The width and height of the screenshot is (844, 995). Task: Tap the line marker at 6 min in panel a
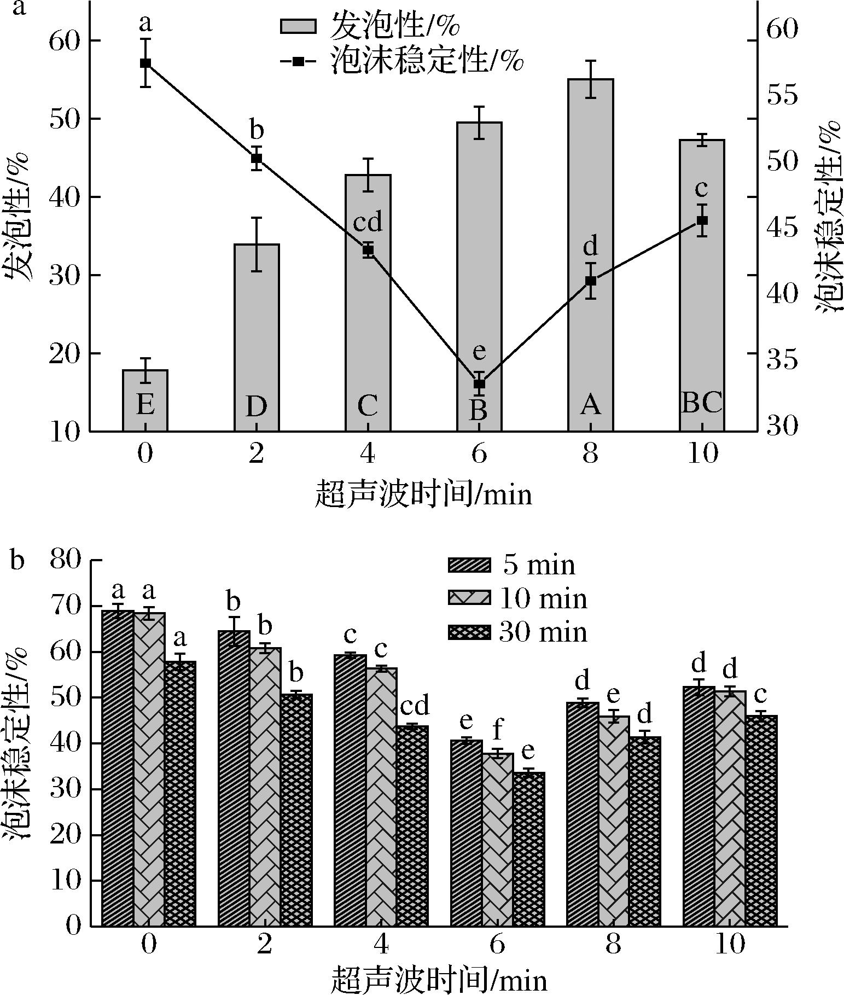click(479, 383)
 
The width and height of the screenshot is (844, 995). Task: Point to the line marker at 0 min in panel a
click(145, 63)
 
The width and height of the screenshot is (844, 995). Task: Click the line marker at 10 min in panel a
click(702, 220)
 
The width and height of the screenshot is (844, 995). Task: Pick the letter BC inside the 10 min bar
click(702, 403)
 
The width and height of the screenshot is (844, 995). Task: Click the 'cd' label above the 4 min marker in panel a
click(368, 223)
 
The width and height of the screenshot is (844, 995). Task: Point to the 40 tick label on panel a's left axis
click(65, 197)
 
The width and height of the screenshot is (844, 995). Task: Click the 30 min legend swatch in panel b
click(469, 632)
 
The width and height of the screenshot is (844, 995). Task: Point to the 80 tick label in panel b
click(65, 561)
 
